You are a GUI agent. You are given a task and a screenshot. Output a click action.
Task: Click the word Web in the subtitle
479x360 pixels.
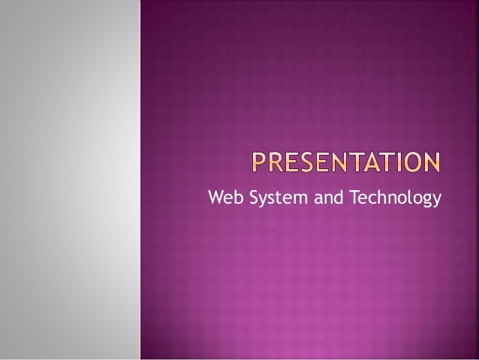pos(221,198)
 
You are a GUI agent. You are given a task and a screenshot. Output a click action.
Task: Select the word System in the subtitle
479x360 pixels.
pos(268,198)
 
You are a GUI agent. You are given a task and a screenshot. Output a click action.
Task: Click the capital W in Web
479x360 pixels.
pos(214,198)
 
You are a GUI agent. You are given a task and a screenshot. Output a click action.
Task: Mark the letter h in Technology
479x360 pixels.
pos(380,198)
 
